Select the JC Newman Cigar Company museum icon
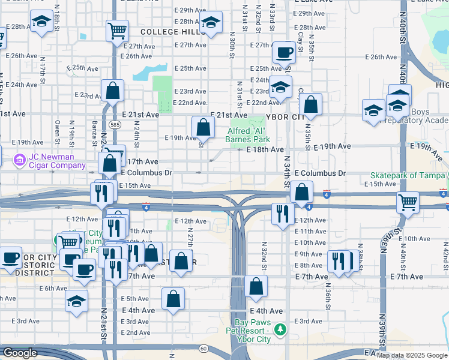(x=19, y=160)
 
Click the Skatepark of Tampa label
(x=408, y=174)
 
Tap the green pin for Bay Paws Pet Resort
(x=279, y=329)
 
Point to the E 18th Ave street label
(x=264, y=149)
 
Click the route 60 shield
(x=204, y=348)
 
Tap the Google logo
(x=19, y=353)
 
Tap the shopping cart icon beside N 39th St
(x=408, y=202)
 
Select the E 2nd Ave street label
(x=136, y=332)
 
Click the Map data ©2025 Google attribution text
(x=412, y=355)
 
